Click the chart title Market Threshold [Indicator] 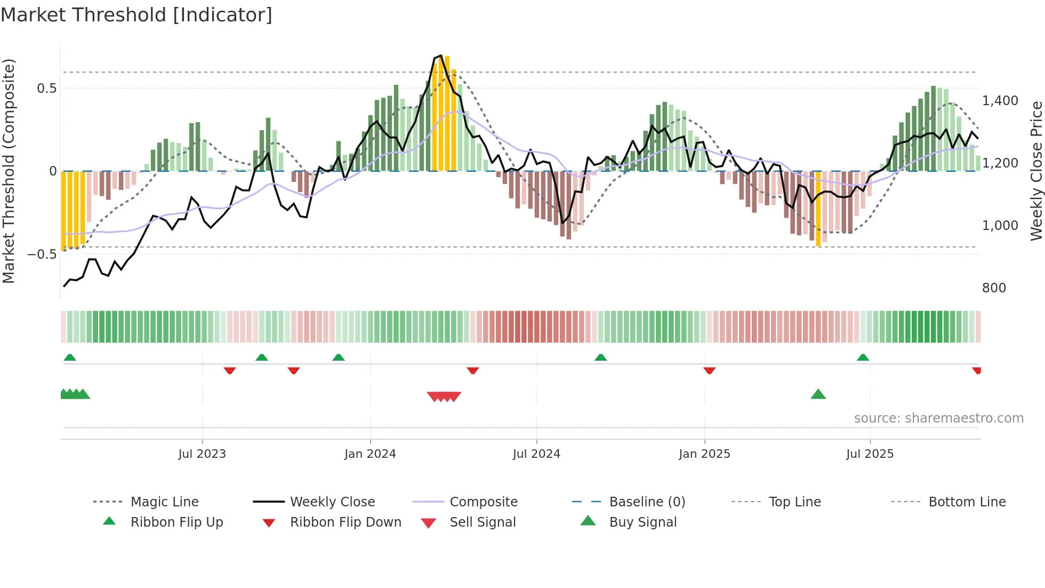pos(136,15)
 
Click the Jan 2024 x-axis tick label pos(370,454)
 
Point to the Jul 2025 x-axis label pos(870,454)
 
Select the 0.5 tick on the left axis pos(47,89)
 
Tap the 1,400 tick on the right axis pos(1000,100)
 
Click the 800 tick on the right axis pos(994,288)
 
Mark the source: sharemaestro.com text pos(938,418)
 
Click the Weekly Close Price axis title pos(1036,171)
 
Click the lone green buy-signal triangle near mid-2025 pos(818,395)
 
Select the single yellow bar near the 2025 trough pos(818,208)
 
